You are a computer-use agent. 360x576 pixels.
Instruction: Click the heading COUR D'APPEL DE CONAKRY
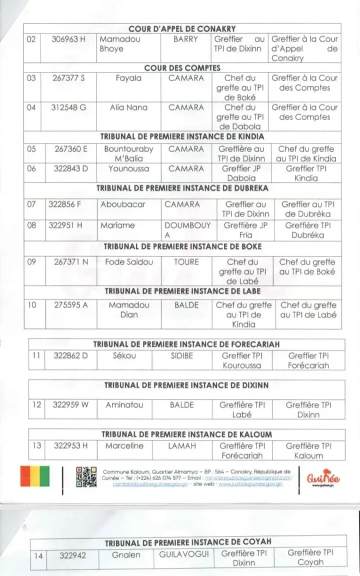click(182, 29)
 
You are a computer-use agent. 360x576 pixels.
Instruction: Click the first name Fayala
click(129, 78)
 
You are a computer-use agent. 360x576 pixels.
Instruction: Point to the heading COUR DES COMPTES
click(182, 68)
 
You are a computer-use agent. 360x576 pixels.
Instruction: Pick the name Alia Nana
click(128, 107)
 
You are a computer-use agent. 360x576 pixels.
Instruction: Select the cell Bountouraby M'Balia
click(129, 154)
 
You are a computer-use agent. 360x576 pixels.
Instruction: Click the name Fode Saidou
click(129, 262)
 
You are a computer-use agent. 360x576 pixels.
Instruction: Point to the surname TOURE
click(186, 262)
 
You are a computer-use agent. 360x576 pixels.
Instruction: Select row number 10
click(33, 305)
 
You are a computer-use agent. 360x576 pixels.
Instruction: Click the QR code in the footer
click(86, 477)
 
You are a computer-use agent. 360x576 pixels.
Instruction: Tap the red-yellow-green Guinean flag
click(35, 476)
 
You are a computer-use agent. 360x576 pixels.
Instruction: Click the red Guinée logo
click(323, 478)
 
